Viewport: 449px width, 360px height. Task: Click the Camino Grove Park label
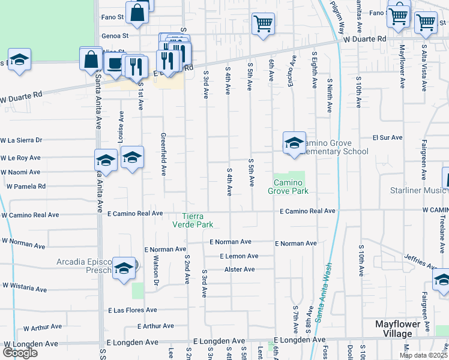(291, 187)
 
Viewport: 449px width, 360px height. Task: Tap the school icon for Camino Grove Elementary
(294, 143)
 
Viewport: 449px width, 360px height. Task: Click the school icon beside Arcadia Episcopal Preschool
(124, 268)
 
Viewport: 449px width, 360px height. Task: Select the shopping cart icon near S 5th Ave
(263, 24)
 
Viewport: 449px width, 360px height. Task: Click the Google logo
(20, 353)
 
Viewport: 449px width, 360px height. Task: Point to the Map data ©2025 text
(423, 355)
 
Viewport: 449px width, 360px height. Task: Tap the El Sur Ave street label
(387, 137)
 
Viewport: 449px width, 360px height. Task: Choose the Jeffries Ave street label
(420, 262)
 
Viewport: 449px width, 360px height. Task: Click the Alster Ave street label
(240, 269)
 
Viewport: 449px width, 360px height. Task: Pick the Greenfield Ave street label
(163, 154)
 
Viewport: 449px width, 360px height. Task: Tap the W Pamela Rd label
(26, 187)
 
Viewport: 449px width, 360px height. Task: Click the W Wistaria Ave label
(25, 287)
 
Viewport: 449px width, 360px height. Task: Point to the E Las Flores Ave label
(132, 310)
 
